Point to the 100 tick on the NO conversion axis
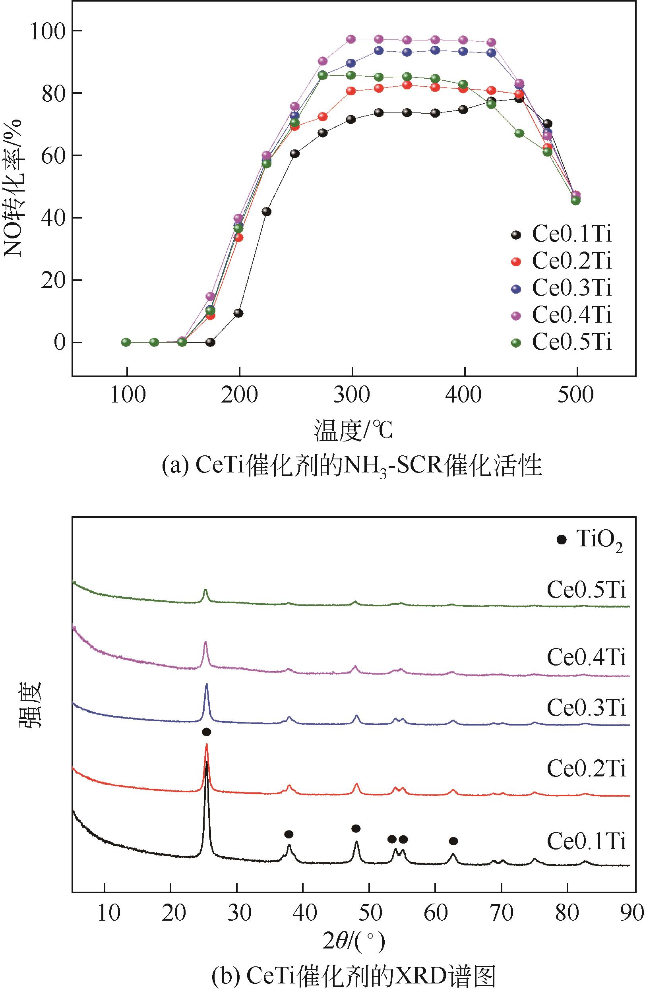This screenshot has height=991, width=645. tap(50, 31)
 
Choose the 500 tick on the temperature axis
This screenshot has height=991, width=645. tap(577, 394)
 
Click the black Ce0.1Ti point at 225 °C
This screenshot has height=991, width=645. tap(267, 211)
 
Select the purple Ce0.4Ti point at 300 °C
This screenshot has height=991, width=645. tap(351, 39)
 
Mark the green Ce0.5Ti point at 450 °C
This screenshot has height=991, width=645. tap(519, 133)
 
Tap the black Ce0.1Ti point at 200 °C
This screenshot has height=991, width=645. tap(238, 313)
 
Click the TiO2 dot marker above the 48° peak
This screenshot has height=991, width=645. tap(356, 828)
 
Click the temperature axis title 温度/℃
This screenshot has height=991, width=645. tap(353, 431)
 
